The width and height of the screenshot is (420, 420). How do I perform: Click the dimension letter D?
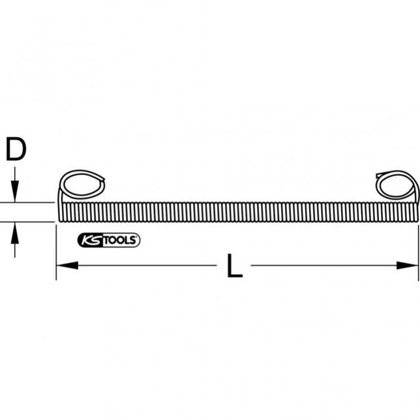click(16, 149)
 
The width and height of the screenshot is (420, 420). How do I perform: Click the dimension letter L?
click(235, 266)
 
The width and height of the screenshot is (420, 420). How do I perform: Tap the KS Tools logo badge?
click(109, 240)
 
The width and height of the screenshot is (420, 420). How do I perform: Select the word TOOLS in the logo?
click(121, 240)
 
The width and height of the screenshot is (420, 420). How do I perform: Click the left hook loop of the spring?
click(81, 185)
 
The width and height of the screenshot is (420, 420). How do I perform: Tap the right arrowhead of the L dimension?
click(408, 265)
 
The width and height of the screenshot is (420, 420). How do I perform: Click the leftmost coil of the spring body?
click(61, 212)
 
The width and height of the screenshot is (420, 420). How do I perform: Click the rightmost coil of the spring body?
click(416, 212)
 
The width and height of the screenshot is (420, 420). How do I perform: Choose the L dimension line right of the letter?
click(323, 265)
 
